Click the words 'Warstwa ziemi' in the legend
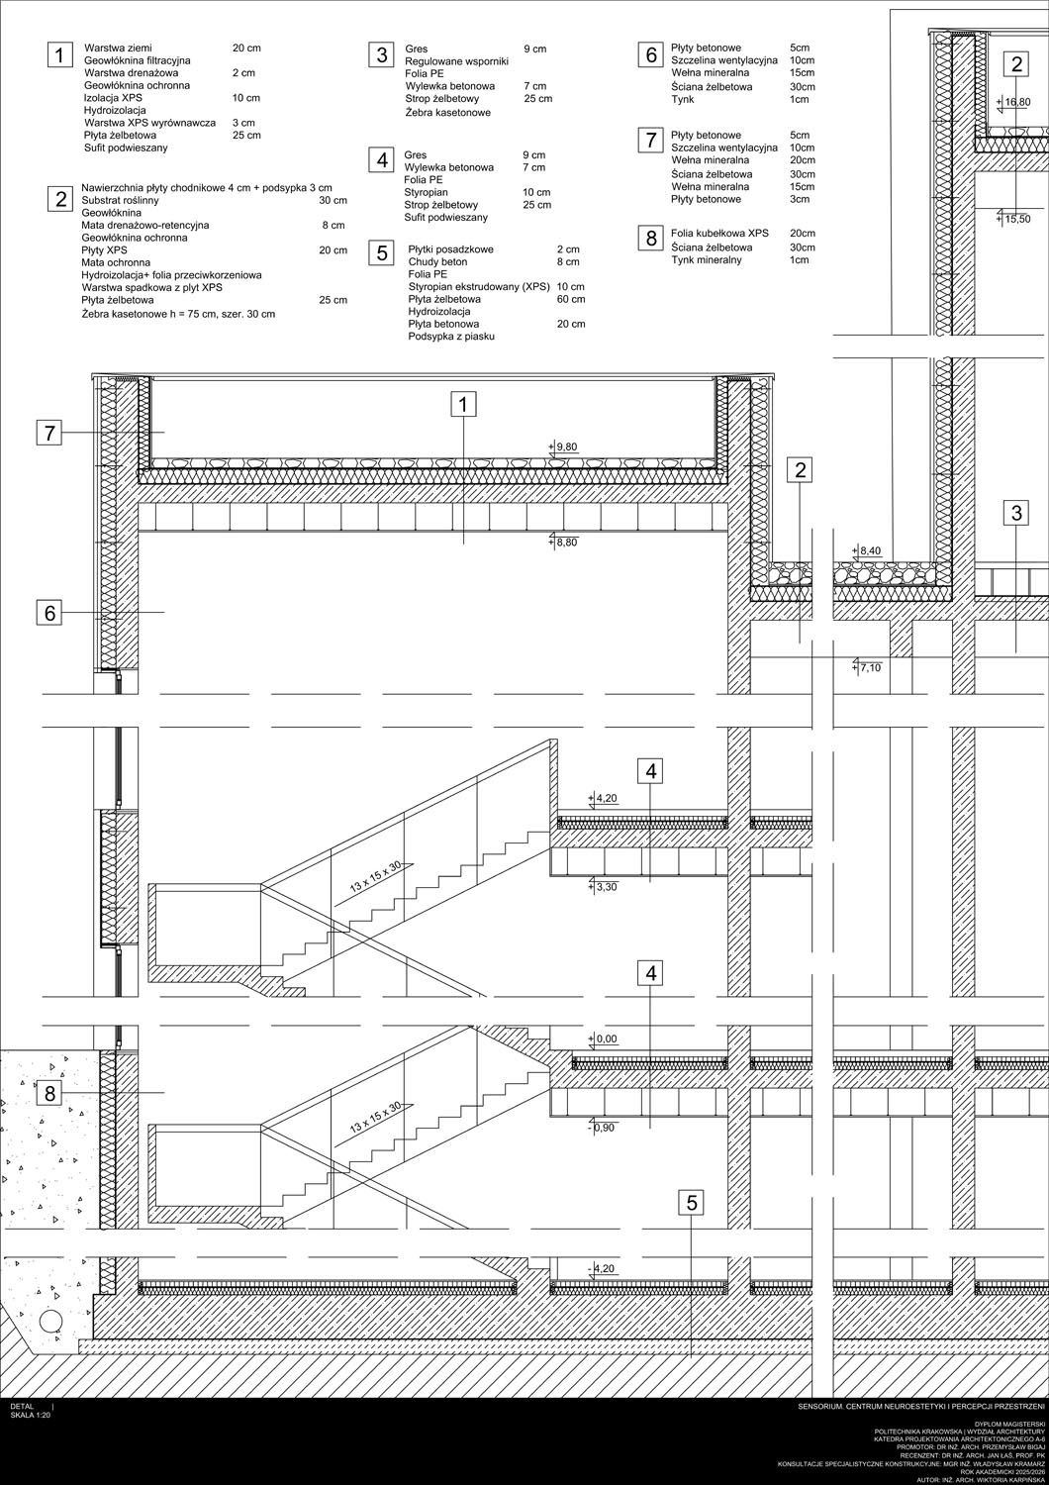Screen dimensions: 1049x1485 [118, 48]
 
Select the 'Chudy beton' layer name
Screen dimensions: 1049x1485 [437, 262]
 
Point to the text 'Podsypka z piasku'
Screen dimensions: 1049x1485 [451, 337]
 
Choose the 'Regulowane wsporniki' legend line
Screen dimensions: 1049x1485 [456, 61]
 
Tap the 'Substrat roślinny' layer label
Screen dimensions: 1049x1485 [120, 200]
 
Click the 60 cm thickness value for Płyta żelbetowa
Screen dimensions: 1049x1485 [571, 299]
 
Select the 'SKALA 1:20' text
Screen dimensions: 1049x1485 [31, 1414]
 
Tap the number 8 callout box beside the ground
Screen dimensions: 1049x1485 [49, 1093]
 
